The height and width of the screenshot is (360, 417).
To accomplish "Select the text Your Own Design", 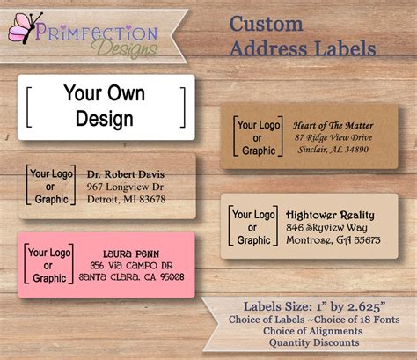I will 105,107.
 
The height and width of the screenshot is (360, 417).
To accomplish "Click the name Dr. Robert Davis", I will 127,174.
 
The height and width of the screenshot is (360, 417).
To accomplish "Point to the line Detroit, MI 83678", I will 126,200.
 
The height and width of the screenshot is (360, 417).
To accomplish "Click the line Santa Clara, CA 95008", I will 131,276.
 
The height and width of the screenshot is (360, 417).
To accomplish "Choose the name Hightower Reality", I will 331,215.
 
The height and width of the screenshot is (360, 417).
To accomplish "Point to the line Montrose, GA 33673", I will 333,240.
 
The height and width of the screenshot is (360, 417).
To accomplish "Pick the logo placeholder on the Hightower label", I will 252,227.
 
